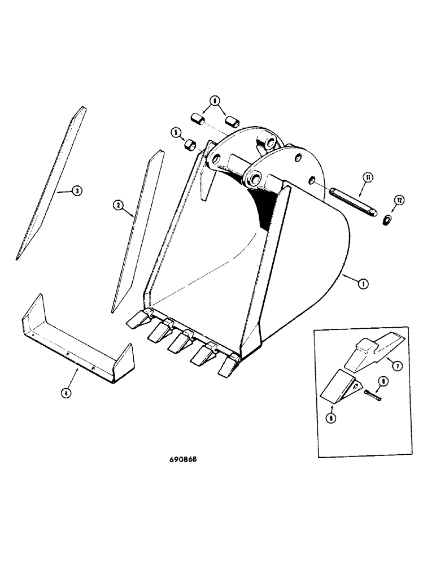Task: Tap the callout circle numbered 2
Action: [119, 206]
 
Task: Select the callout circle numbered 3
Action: [78, 191]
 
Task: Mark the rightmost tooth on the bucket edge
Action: [228, 367]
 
